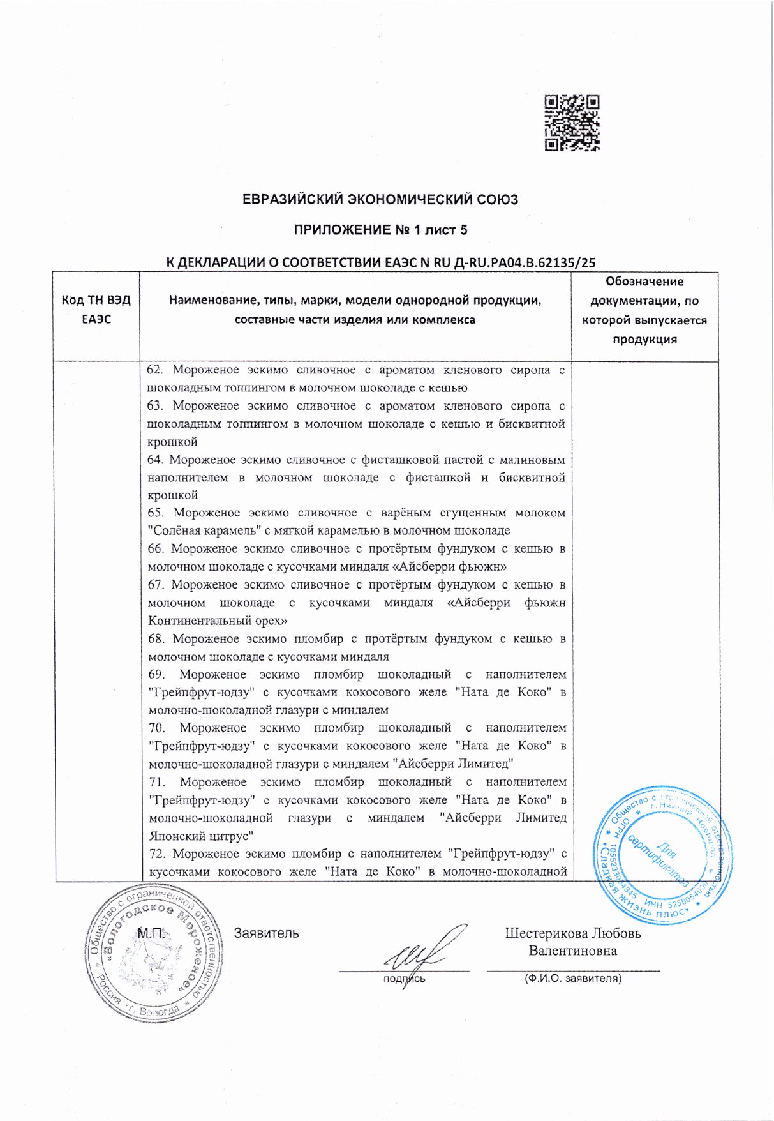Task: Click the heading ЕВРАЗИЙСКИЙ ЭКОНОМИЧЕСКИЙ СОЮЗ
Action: [380, 199]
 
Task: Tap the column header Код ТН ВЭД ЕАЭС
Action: [96, 310]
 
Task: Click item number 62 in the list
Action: [154, 370]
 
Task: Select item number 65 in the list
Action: [156, 513]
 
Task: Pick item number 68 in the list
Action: [156, 639]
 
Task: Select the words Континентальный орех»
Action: [218, 621]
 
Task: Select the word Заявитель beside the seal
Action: [266, 933]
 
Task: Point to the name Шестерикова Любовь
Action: [572, 933]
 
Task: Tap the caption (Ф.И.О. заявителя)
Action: [572, 978]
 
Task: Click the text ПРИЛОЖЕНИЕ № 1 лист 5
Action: [380, 230]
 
